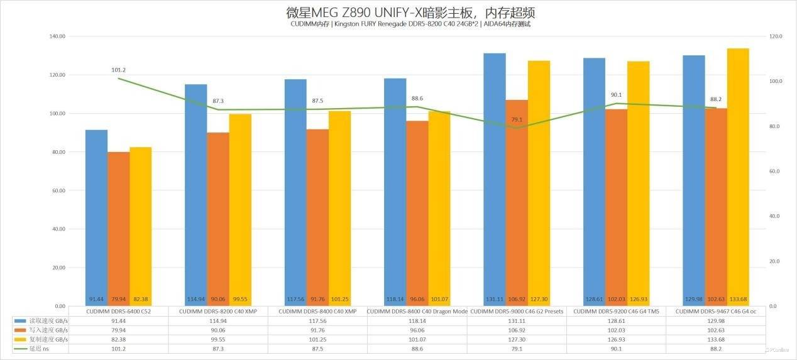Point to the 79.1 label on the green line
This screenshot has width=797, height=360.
[517, 119]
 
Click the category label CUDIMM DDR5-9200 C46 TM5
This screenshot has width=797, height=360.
[616, 312]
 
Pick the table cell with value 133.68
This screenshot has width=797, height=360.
[715, 339]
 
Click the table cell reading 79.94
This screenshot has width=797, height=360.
[118, 330]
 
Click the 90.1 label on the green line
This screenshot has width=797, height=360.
[616, 95]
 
